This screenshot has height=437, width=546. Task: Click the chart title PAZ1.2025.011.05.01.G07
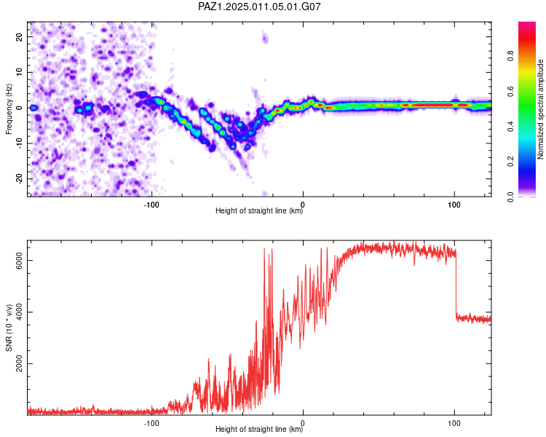[259, 7]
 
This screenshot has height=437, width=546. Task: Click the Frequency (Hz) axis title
[9, 109]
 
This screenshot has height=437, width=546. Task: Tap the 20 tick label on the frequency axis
[20, 36]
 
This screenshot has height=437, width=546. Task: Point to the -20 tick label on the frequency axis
[20, 179]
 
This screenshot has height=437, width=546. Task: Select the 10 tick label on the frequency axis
[20, 72]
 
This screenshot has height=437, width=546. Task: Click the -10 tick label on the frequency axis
[20, 143]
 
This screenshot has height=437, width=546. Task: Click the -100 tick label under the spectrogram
[151, 205]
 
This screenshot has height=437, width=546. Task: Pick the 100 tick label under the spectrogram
[454, 205]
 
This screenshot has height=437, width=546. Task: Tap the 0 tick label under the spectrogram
[303, 205]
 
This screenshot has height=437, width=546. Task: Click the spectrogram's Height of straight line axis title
[259, 210]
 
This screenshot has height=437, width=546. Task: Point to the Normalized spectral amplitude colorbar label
[540, 109]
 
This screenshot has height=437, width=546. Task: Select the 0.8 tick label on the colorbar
[510, 56]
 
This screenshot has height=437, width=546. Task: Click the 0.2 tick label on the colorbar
[510, 162]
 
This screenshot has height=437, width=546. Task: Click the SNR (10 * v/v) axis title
[9, 328]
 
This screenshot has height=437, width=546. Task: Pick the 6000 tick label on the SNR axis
[20, 260]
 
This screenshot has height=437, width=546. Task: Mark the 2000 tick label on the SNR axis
[20, 364]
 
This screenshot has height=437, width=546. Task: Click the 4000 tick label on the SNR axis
[20, 312]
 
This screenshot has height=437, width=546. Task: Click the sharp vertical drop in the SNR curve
[456, 284]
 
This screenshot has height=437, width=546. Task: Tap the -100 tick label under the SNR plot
[151, 423]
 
